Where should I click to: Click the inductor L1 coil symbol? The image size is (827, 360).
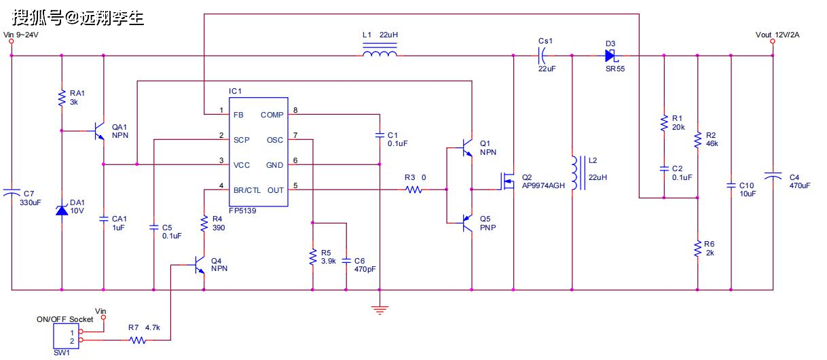[x=380, y=54]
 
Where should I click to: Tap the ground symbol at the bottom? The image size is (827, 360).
[x=380, y=310]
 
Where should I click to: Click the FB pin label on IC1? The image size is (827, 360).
[x=238, y=115]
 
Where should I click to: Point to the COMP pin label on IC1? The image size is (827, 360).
[x=272, y=115]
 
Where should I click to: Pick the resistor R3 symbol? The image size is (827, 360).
[x=414, y=190]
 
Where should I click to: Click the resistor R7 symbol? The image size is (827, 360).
[x=138, y=340]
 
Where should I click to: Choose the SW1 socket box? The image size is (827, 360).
[x=64, y=336]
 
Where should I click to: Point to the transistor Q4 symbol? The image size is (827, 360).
[x=199, y=264]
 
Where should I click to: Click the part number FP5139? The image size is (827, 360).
[x=242, y=211]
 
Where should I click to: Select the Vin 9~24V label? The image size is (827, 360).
[x=22, y=35]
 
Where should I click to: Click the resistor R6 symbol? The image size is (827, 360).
[x=697, y=249]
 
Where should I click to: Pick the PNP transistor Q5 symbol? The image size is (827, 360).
[x=467, y=222]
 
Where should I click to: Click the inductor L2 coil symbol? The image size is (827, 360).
[x=575, y=174]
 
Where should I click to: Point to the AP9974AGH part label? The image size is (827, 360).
[x=543, y=185]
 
